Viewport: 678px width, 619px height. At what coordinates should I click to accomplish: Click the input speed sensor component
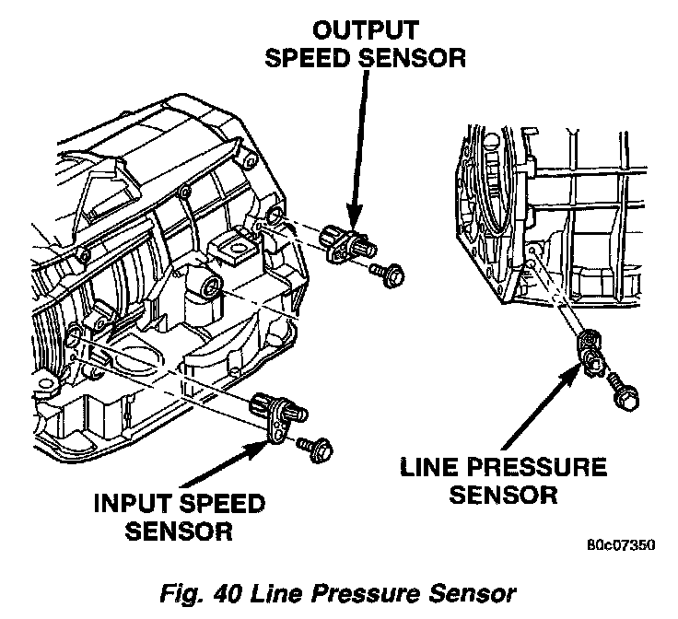pyautogui.click(x=274, y=407)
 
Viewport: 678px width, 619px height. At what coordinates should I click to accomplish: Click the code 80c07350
pyautogui.click(x=618, y=544)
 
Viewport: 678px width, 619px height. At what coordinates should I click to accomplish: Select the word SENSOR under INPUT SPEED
pyautogui.click(x=180, y=531)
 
